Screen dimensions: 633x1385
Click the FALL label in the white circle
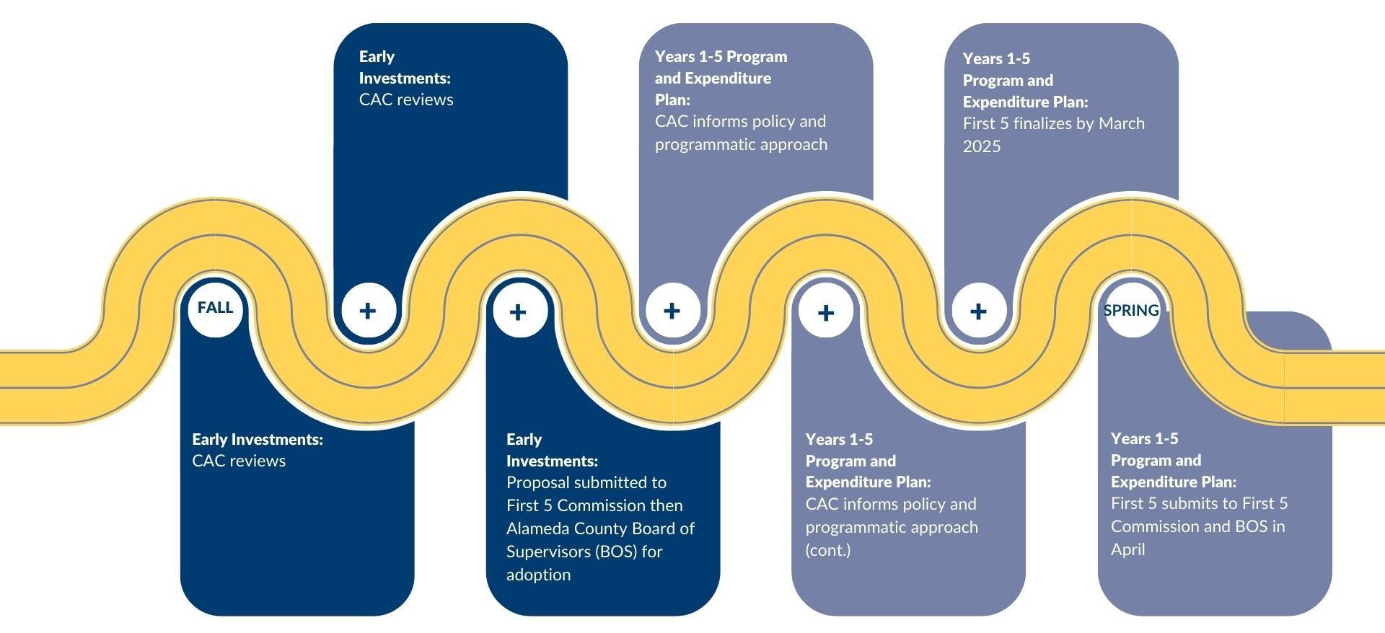[215, 308]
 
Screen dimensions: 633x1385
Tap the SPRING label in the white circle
[1131, 311]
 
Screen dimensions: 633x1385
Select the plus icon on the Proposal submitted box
[518, 311]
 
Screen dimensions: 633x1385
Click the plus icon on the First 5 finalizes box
[978, 311]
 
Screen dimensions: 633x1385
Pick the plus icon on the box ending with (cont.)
[826, 312]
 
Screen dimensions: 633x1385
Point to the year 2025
[982, 146]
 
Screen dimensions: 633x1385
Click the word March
[1121, 123]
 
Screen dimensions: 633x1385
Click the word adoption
[538, 575]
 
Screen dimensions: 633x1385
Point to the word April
[1127, 549]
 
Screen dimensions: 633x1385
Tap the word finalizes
[1042, 123]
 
